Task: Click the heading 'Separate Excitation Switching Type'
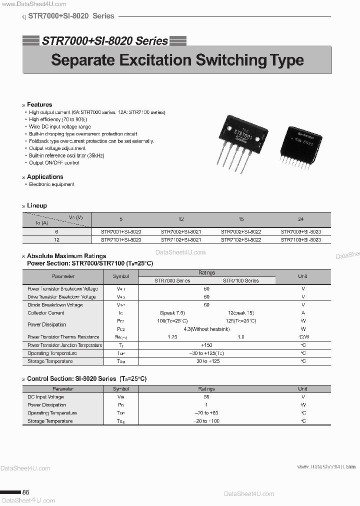pyautogui.click(x=177, y=60)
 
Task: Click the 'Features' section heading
pyautogui.click(x=39, y=104)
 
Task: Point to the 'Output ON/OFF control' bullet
pyautogui.click(x=54, y=163)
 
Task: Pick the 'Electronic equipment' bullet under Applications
pyautogui.click(x=51, y=184)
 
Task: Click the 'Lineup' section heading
pyautogui.click(x=37, y=205)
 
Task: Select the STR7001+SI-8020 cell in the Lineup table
pyautogui.click(x=121, y=232)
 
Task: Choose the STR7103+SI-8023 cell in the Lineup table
pyautogui.click(x=301, y=240)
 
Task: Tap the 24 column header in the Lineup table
pyautogui.click(x=301, y=219)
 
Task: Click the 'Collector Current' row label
pyautogui.click(x=46, y=313)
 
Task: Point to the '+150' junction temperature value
pyautogui.click(x=207, y=345)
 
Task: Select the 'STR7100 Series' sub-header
pyautogui.click(x=241, y=280)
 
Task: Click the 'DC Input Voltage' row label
pyautogui.click(x=45, y=397)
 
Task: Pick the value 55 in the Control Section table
pyautogui.click(x=207, y=397)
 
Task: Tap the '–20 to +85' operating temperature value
pyautogui.click(x=207, y=413)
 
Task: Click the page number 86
pyautogui.click(x=26, y=492)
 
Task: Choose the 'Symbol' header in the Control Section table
pyautogui.click(x=121, y=388)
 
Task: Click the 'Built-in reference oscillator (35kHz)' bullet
pyautogui.click(x=66, y=156)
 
